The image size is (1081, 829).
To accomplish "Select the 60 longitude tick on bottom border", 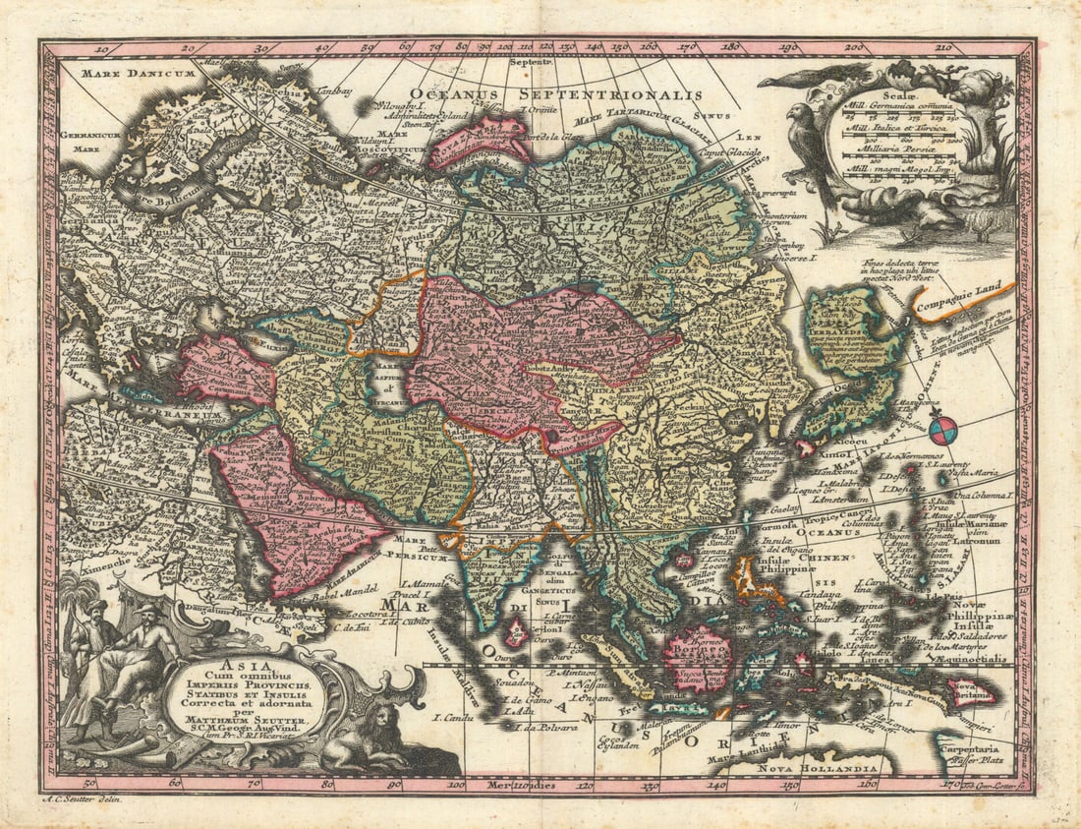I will pos(174,783).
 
